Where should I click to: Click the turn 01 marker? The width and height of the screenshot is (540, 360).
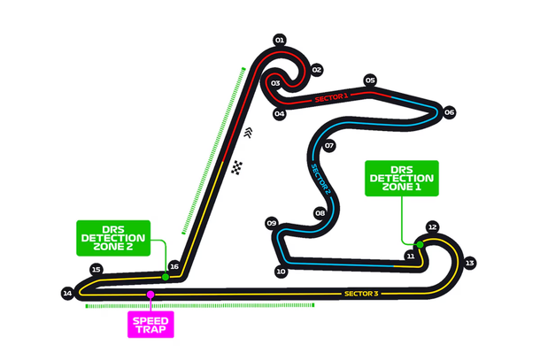[x=280, y=41]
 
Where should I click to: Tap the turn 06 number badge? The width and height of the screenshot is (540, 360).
[x=449, y=112]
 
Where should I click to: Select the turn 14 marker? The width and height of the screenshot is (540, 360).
[x=67, y=294]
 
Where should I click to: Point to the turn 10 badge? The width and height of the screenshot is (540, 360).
[x=281, y=272]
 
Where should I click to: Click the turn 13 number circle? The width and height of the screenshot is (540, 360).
[x=470, y=264]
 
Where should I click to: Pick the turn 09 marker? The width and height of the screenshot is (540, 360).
[x=272, y=223]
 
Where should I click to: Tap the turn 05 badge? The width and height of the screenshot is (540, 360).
[x=370, y=80]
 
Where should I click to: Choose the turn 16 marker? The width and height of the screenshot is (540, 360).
[x=174, y=267]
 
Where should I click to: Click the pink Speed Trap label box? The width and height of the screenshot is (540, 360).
[x=150, y=325]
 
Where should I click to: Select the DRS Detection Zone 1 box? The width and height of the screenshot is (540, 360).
[x=402, y=179]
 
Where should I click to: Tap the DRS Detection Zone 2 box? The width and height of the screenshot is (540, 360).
[x=113, y=238]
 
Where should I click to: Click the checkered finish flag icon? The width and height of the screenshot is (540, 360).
[x=237, y=167]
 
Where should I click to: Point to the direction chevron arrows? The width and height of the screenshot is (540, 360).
[x=248, y=133]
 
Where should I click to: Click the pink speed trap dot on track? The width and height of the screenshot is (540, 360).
[x=150, y=295]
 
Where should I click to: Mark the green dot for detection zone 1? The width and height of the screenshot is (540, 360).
[x=420, y=245]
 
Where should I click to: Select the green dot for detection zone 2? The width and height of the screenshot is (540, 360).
[x=166, y=277]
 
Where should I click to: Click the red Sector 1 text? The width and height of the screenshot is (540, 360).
[x=331, y=98]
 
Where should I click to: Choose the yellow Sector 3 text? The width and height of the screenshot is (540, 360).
[x=361, y=294]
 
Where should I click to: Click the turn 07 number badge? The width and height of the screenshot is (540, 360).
[x=329, y=146]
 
